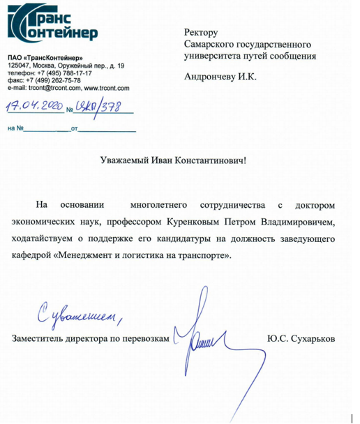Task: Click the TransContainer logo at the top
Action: point(52,23)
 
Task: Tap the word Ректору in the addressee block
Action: point(202,33)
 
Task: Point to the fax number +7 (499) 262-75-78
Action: point(56,81)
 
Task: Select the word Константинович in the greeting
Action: point(210,160)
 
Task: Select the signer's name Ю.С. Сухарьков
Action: point(301,338)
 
